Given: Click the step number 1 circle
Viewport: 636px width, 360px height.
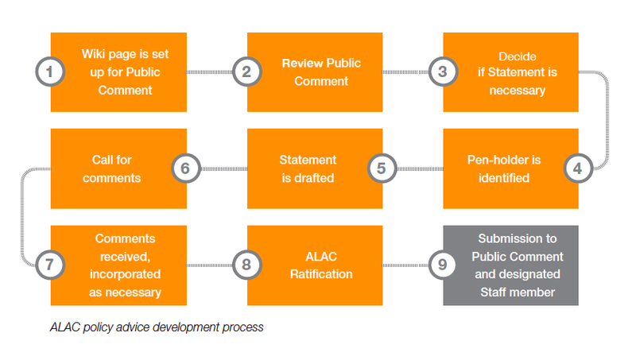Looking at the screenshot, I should pos(49,72).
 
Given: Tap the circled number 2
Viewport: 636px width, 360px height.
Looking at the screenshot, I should pos(246,72).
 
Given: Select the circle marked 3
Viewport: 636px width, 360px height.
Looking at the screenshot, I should pos(443,72).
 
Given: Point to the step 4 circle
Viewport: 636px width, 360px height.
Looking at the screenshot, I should pos(578,168).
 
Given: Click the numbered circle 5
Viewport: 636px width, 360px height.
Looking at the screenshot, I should pos(382,168).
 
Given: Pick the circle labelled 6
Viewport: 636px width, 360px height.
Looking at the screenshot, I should pos(185,168).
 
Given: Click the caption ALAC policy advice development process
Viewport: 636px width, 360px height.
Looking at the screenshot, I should pos(156,327).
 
